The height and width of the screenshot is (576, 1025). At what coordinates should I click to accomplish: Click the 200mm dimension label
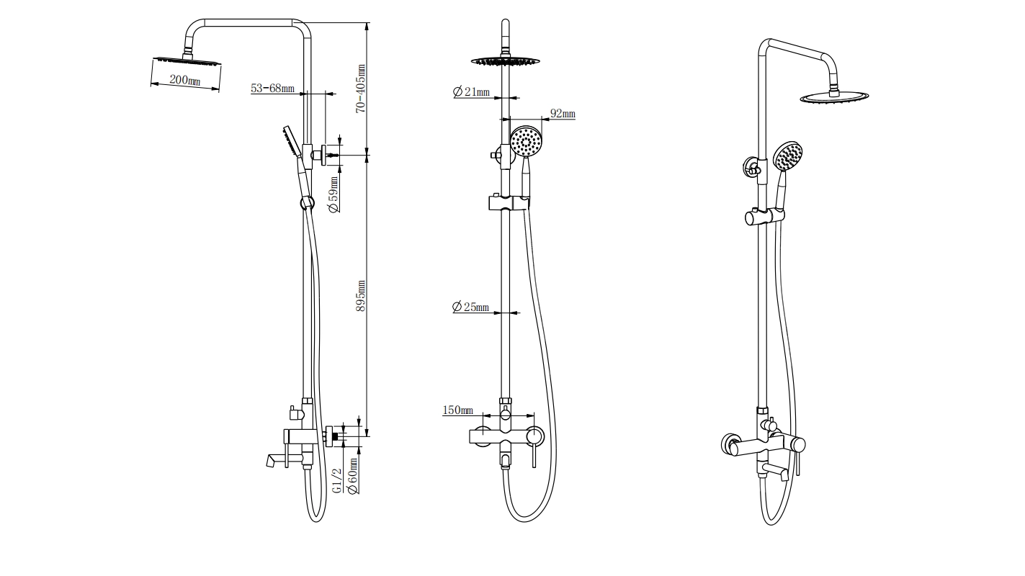pos(184,80)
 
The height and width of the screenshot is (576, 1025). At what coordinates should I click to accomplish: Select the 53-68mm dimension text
pos(272,89)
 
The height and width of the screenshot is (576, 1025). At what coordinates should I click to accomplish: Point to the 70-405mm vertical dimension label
pos(362,88)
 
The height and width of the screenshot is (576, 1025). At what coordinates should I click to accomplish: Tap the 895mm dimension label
pos(362,295)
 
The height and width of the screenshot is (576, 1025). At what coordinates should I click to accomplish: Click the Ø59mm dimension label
pos(334,194)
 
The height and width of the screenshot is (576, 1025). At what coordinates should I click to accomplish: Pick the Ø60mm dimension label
pos(353,476)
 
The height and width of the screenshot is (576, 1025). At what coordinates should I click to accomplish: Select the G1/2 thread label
pos(337,480)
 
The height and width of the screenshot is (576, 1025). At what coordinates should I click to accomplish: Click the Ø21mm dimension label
pos(472,91)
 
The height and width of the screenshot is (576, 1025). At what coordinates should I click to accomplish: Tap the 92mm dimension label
pos(562,114)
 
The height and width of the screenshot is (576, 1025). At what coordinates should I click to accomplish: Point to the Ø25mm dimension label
pos(470,307)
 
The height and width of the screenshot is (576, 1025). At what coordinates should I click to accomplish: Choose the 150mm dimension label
pos(457,410)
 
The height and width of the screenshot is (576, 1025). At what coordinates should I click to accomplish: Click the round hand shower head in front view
pos(526,141)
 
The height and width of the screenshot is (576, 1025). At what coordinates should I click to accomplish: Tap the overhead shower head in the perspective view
pos(834,97)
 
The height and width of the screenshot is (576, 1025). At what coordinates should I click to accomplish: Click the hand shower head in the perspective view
pos(787,156)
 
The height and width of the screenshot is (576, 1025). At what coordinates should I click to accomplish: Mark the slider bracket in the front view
pos(510,202)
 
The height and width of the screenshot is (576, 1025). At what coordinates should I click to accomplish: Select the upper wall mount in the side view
pos(318,154)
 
